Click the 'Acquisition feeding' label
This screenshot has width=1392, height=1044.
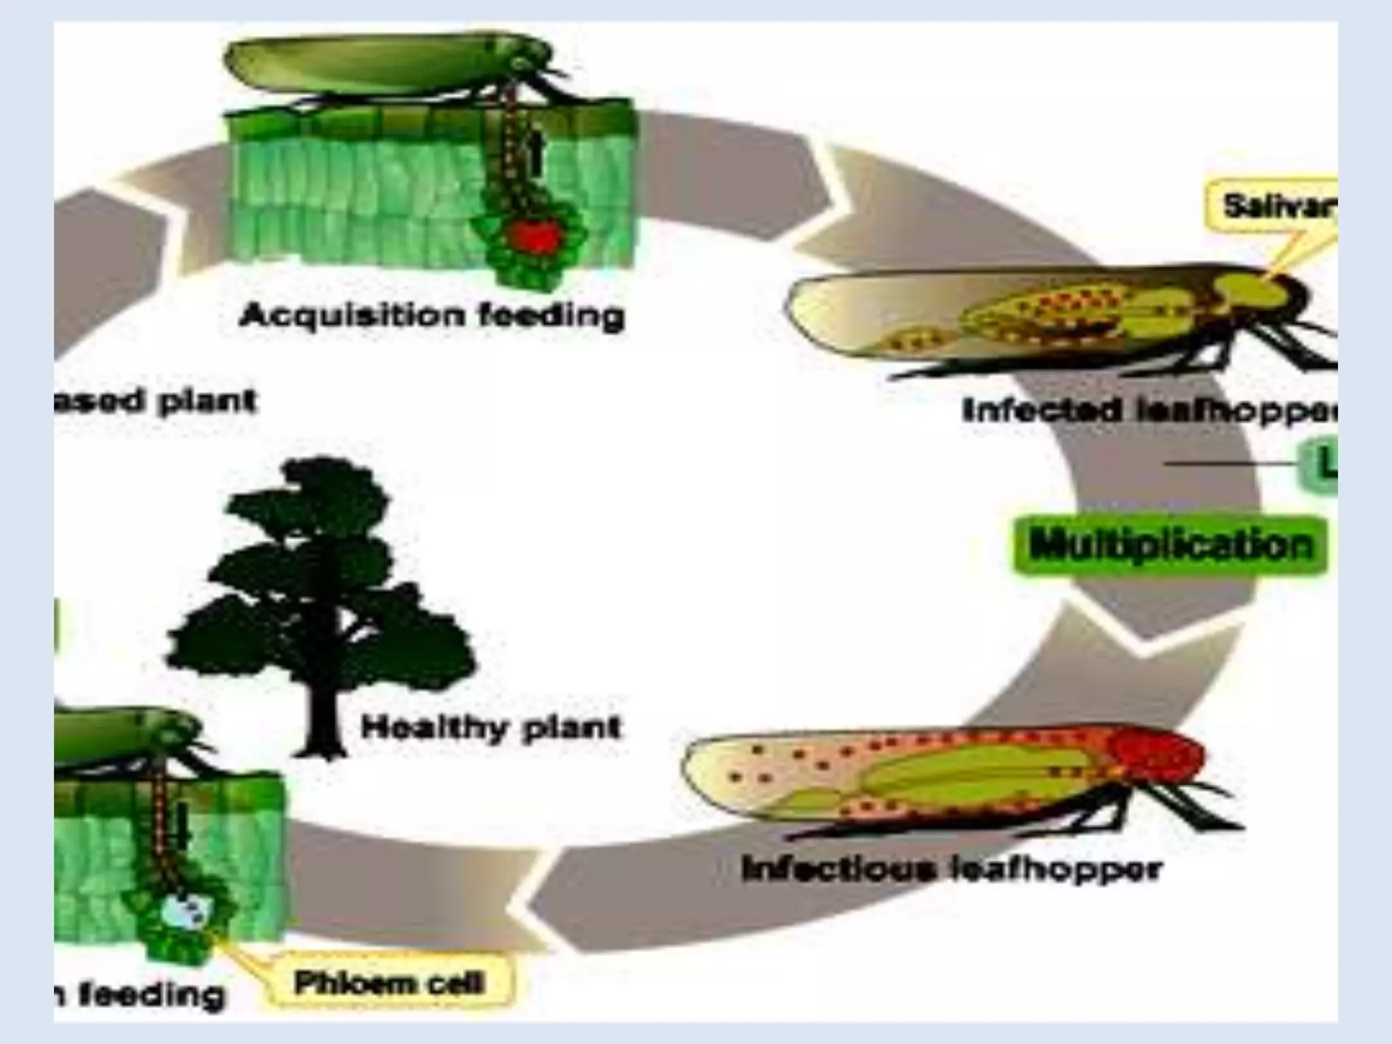[x=432, y=316]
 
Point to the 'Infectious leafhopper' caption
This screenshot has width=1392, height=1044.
[x=952, y=869]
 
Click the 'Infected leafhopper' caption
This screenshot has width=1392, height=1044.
[x=1149, y=411]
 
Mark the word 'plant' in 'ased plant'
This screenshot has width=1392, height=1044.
[x=207, y=401]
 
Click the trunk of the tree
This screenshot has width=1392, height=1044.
[x=322, y=720]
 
